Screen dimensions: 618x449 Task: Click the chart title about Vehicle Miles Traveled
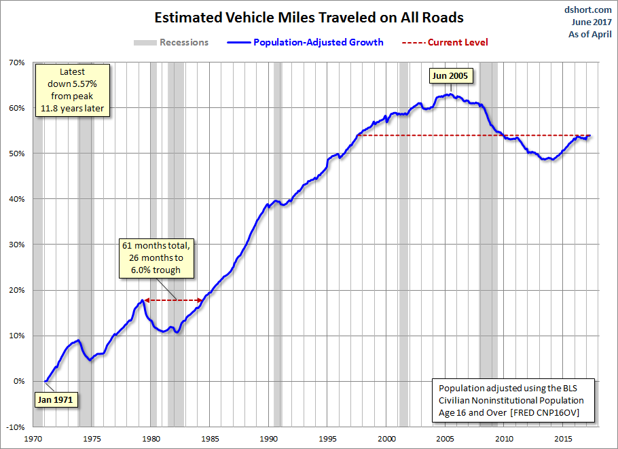point(308,18)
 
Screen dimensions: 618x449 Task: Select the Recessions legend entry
point(171,42)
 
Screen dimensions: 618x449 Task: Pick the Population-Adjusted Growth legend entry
point(305,42)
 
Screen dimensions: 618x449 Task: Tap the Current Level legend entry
point(445,42)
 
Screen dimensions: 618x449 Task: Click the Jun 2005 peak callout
point(450,75)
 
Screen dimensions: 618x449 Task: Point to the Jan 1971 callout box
point(55,399)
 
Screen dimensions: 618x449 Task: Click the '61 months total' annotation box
point(156,258)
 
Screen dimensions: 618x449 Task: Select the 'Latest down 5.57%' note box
point(72,90)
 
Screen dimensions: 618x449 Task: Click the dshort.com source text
point(587,10)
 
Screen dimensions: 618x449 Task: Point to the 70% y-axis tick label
point(17,62)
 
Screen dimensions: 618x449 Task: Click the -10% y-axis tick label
point(16,427)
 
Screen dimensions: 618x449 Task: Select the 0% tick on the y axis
point(19,381)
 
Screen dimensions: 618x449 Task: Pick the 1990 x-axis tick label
point(268,439)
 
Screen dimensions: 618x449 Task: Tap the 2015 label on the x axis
point(563,439)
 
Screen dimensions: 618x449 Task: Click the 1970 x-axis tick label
point(33,439)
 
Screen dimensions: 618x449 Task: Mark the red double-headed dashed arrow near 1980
point(174,300)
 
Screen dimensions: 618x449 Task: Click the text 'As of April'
point(590,34)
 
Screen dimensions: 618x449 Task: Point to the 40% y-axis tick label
point(17,199)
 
